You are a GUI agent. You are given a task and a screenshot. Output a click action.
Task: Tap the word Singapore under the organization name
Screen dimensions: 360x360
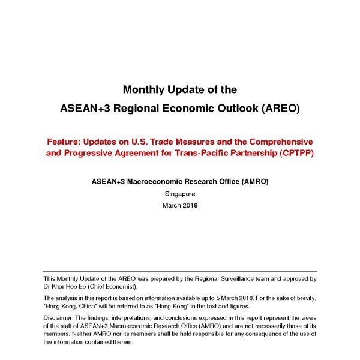(x=180, y=194)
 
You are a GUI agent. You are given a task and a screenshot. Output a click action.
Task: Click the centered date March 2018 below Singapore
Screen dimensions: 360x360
(x=180, y=205)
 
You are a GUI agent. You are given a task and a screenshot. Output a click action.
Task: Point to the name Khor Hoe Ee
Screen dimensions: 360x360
(x=74, y=287)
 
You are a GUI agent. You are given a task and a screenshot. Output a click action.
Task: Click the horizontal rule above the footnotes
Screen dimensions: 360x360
(x=180, y=271)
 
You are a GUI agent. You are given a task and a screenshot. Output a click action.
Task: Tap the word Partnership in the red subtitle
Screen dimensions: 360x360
(x=251, y=153)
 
